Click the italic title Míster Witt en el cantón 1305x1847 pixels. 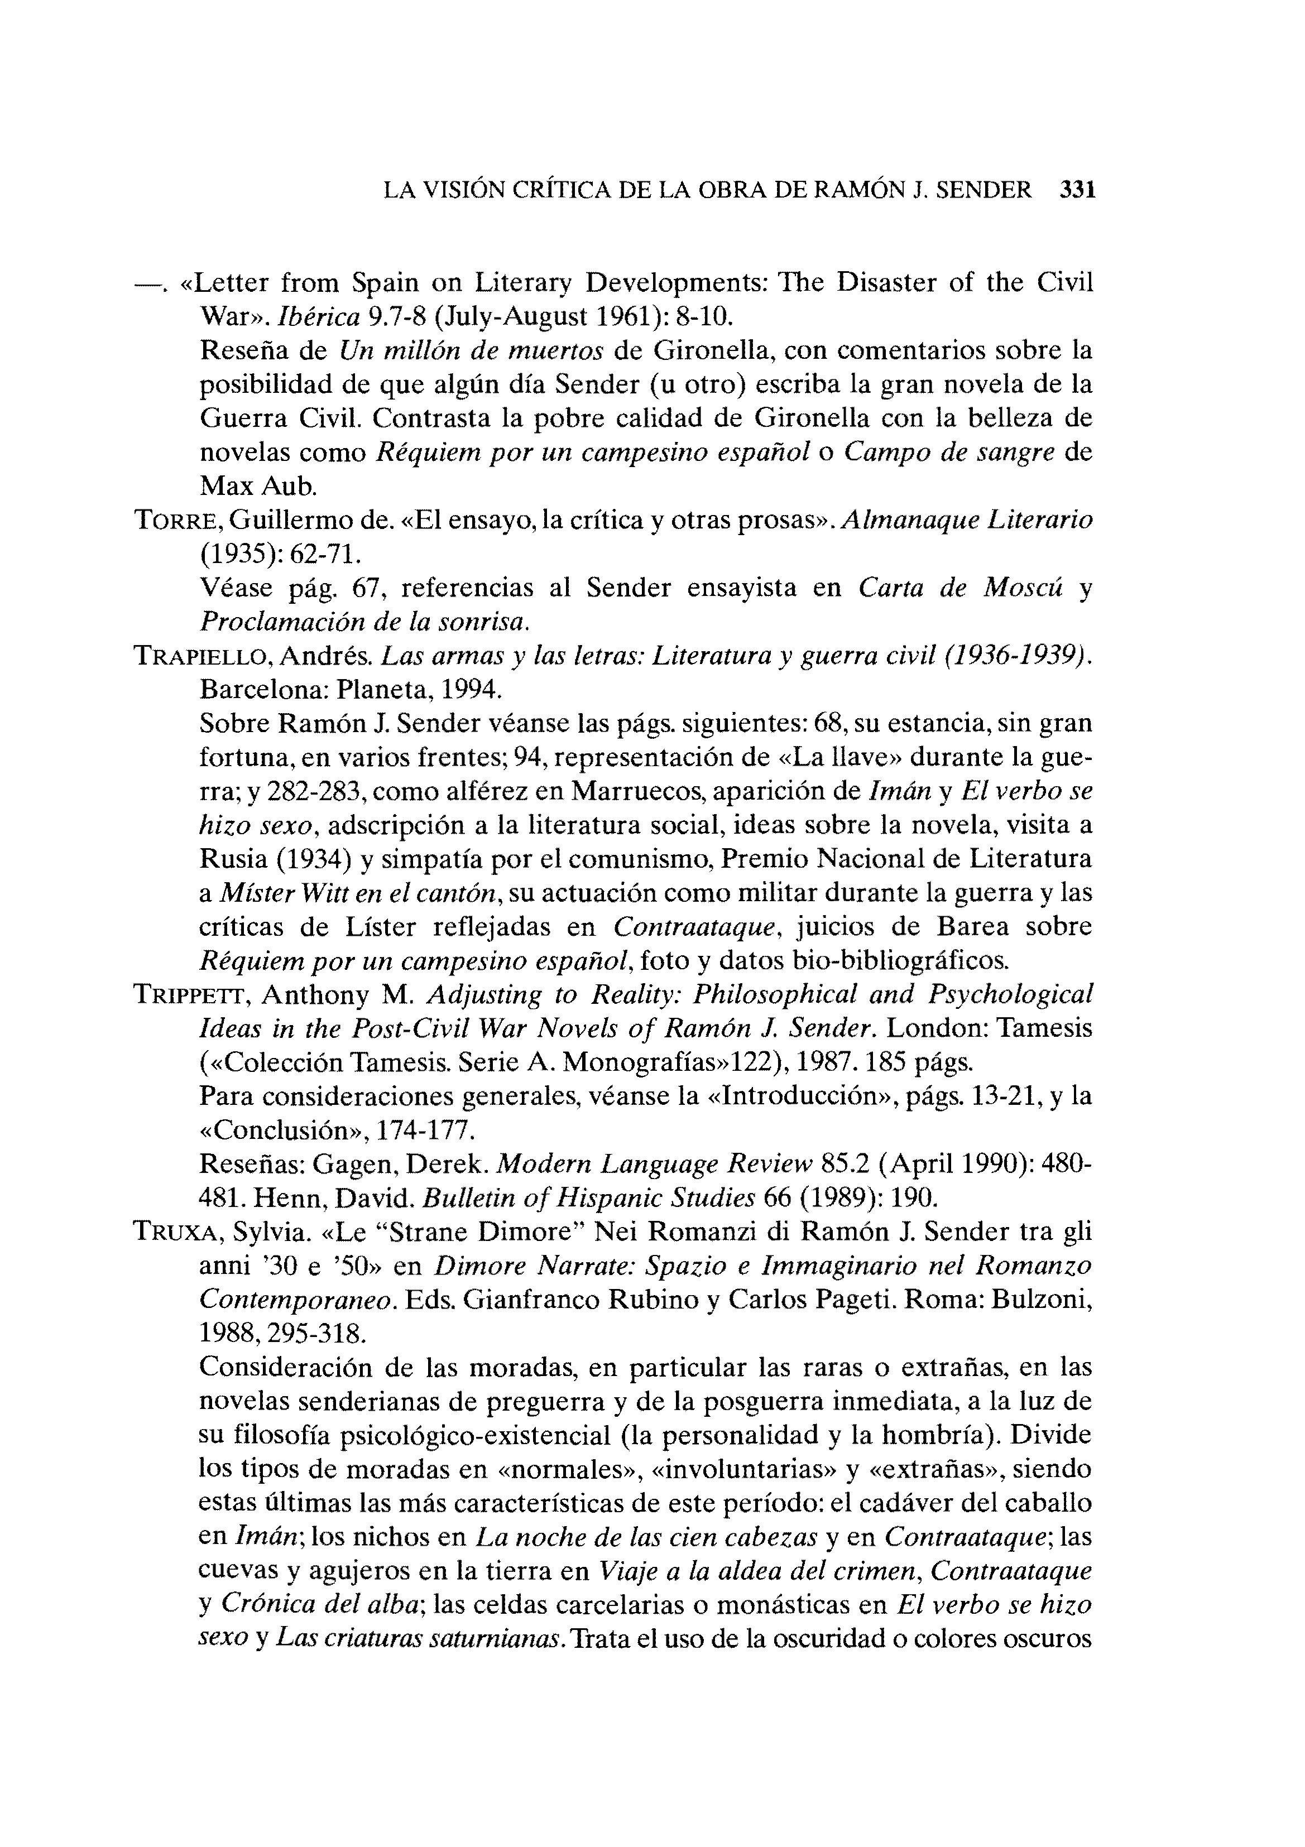point(361,894)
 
